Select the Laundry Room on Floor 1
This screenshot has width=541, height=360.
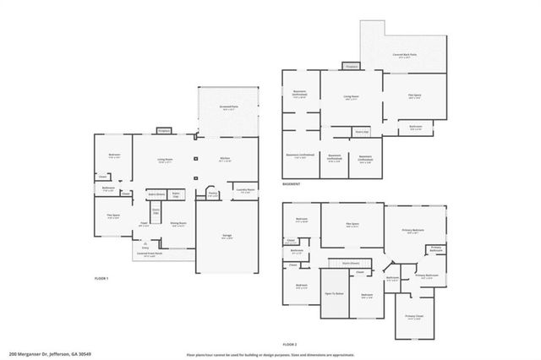pyautogui.click(x=245, y=191)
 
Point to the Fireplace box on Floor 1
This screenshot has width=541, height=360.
pyautogui.click(x=164, y=130)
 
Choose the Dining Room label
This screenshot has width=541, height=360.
pyautogui.click(x=178, y=225)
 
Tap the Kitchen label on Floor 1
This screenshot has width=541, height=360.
pyautogui.click(x=225, y=160)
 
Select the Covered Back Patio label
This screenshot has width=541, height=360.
pyautogui.click(x=405, y=56)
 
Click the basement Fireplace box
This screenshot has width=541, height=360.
pyautogui.click(x=351, y=66)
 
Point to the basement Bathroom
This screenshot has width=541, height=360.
pyautogui.click(x=415, y=127)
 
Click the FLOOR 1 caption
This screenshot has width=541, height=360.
pyautogui.click(x=101, y=278)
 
